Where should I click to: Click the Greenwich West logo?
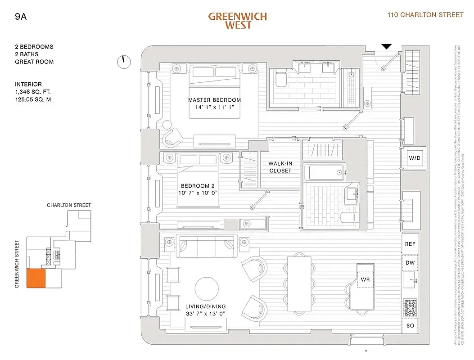(x=237, y=21)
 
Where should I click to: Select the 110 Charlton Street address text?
(x=425, y=15)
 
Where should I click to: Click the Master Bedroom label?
(x=214, y=103)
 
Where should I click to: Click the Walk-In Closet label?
(x=280, y=167)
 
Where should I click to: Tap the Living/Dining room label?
(x=205, y=310)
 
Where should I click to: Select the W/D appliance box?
(x=413, y=158)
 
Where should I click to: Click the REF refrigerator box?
(x=410, y=244)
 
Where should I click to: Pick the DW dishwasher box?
(x=410, y=263)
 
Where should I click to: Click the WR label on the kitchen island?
(x=365, y=279)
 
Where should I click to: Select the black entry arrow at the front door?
(x=386, y=46)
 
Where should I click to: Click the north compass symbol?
(x=124, y=62)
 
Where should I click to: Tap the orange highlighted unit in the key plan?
(x=36, y=279)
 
